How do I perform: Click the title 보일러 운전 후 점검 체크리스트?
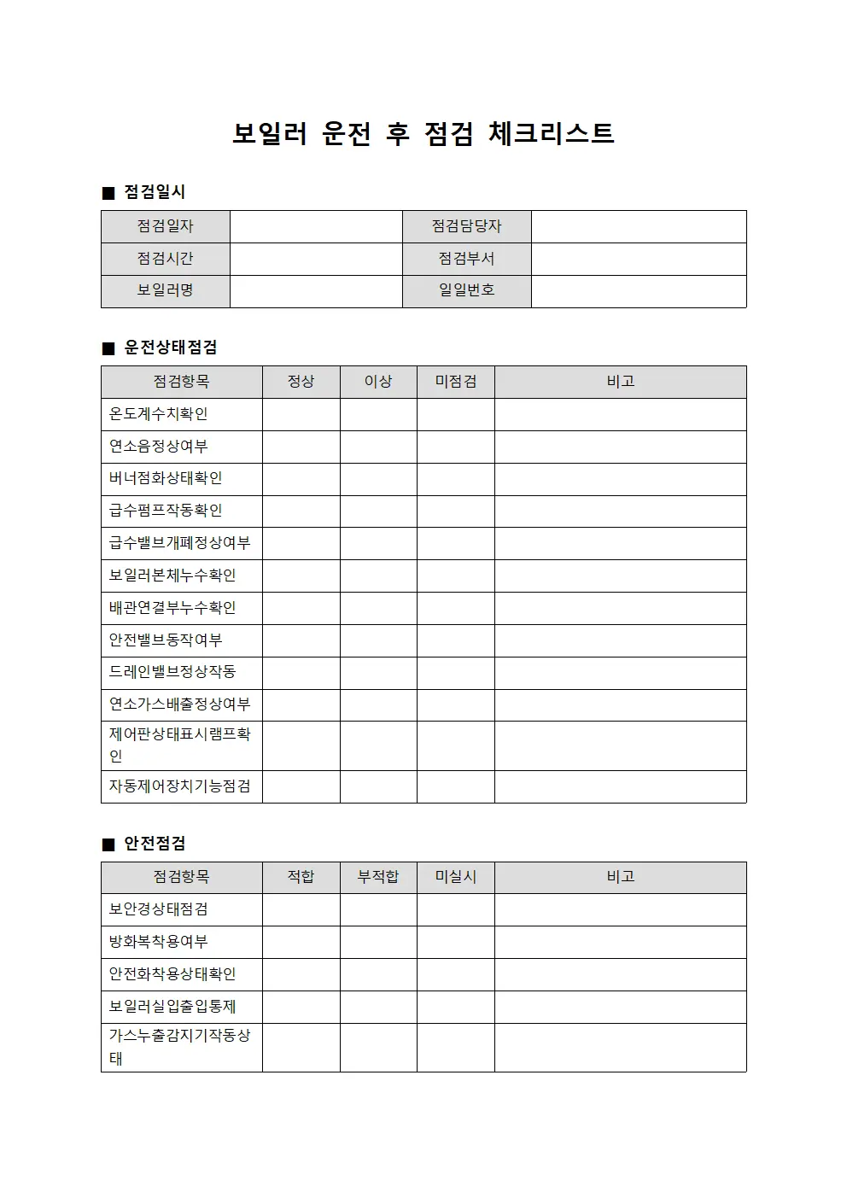[x=423, y=133]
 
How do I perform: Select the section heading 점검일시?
[x=154, y=192]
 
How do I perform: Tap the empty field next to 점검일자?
[x=316, y=226]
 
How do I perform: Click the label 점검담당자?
[x=466, y=226]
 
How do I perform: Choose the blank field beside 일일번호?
[x=639, y=291]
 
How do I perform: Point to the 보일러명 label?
[x=165, y=291]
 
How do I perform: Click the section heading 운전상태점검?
[x=170, y=348]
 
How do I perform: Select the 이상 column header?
[x=378, y=382]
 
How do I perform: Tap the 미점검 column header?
[x=456, y=382]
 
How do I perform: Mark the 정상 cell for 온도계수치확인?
[x=301, y=414]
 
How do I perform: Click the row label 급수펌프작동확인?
[x=166, y=511]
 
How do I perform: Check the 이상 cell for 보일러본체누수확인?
[x=378, y=576]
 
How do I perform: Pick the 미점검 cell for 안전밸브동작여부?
[x=456, y=640]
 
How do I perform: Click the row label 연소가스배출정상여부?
[x=179, y=704]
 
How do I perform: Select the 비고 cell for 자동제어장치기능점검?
[x=620, y=786]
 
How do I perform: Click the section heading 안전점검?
[x=155, y=844]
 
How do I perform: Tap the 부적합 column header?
[x=378, y=877]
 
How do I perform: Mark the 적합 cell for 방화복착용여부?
[x=301, y=942]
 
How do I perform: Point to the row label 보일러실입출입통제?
[x=172, y=1007]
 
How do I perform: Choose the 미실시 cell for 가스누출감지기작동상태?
[x=456, y=1047]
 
